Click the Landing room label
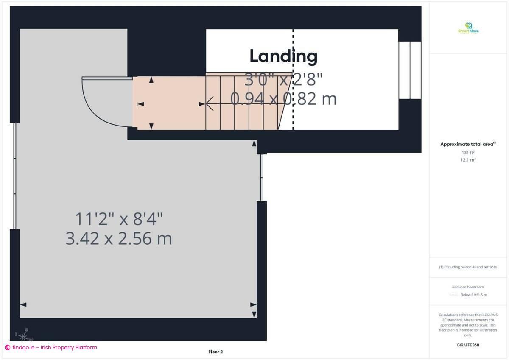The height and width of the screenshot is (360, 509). [283, 56]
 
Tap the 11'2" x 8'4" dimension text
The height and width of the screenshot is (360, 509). [119, 220]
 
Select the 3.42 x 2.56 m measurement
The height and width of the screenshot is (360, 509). [119, 239]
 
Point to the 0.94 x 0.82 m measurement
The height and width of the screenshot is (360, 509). [283, 99]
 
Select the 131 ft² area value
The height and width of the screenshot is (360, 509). [468, 152]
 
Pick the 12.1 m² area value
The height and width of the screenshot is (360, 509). [468, 160]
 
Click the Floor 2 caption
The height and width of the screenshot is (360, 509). [215, 352]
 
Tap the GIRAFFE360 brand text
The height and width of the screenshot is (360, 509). [468, 345]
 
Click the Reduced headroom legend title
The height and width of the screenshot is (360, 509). [468, 287]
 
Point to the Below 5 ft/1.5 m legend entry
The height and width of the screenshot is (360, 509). [473, 295]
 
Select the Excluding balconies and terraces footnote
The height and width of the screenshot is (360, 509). [468, 267]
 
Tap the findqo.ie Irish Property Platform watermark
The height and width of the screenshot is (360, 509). [51, 347]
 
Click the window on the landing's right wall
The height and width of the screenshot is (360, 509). [410, 70]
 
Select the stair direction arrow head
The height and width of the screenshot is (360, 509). [209, 103]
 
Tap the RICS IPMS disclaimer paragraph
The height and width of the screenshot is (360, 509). [468, 325]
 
